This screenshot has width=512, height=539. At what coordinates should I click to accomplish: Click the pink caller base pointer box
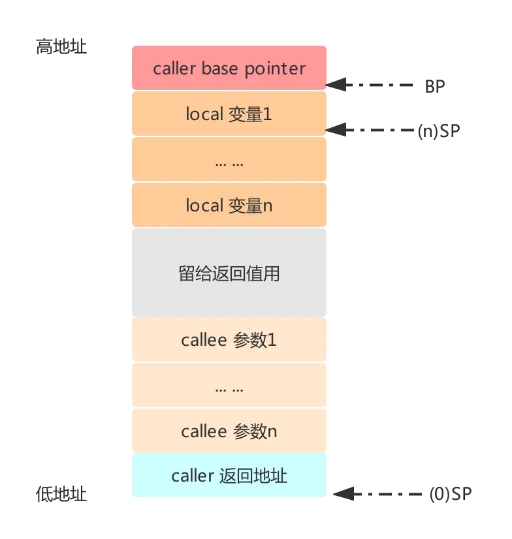click(x=229, y=68)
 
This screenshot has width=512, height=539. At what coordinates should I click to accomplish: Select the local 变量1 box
click(x=229, y=114)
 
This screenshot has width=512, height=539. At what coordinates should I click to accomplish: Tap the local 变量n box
click(x=229, y=206)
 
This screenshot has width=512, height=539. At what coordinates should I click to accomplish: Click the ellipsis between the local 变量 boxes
click(x=229, y=161)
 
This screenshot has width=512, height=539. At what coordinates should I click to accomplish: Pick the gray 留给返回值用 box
click(x=229, y=273)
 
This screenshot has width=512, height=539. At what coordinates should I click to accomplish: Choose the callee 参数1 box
click(x=229, y=340)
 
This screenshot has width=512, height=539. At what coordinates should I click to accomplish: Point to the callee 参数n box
click(x=229, y=431)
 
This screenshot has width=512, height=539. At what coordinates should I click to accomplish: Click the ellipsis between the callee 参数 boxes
click(x=229, y=387)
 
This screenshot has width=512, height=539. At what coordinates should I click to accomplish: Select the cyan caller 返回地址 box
click(x=229, y=476)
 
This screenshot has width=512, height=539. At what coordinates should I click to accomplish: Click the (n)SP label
click(x=438, y=131)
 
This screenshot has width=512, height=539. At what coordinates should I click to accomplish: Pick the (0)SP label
click(x=451, y=494)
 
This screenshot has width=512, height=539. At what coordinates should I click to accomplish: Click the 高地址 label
click(x=62, y=48)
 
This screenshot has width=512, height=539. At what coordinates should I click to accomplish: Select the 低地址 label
click(x=62, y=494)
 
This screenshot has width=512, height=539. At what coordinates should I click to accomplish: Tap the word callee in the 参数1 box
click(x=204, y=340)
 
